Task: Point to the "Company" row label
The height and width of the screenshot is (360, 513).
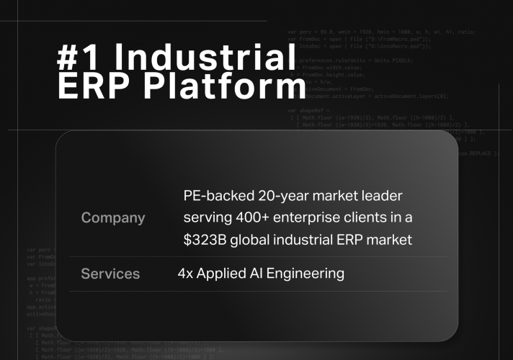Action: (x=113, y=217)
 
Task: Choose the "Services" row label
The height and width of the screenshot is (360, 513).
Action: (x=110, y=274)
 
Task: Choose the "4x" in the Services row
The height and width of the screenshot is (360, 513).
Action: (x=185, y=274)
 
